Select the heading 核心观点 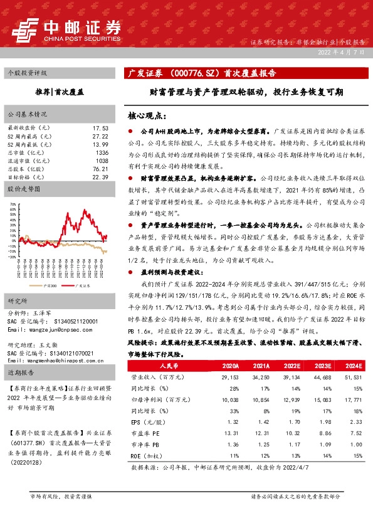tap(145, 116)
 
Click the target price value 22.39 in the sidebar tap(100, 177)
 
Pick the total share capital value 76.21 tap(100, 169)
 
